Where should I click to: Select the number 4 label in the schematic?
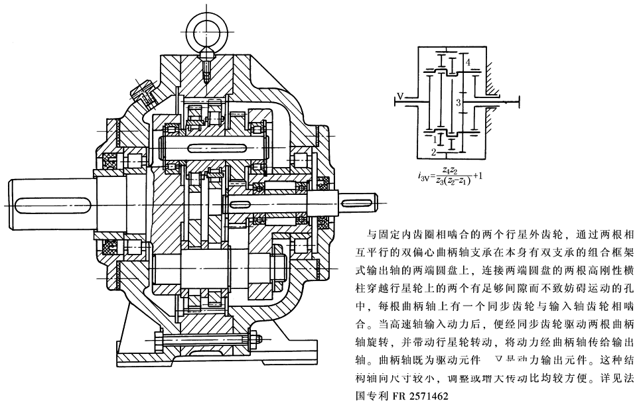(468, 62)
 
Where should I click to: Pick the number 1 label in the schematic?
(434, 139)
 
